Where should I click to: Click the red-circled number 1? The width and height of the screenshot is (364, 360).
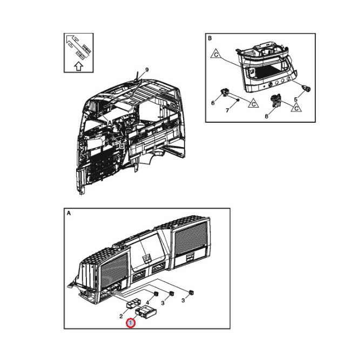point(130,323)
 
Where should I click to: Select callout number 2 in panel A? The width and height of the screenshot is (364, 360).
point(121,315)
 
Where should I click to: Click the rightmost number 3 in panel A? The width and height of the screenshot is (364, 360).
point(183,301)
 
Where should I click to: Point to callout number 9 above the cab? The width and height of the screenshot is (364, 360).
point(146,70)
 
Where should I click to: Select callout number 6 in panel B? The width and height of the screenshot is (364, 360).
point(213,103)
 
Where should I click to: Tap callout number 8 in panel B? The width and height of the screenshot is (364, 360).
point(266,115)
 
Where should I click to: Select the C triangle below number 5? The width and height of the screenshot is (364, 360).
point(296,108)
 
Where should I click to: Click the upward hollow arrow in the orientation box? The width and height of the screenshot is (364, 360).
point(79,66)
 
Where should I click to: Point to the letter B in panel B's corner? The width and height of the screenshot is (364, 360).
point(210,39)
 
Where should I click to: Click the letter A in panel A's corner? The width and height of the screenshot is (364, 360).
point(69,214)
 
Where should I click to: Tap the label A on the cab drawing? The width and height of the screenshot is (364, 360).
point(110,123)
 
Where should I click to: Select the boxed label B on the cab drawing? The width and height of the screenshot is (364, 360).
point(122,145)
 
